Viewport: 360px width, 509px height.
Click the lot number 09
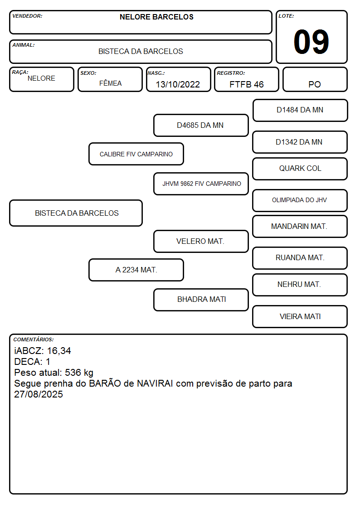click(311, 42)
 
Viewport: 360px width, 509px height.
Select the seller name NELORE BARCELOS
click(156, 17)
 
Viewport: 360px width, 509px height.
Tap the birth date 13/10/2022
click(178, 84)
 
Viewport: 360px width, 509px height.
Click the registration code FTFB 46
click(246, 84)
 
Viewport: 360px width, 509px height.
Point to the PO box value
click(315, 84)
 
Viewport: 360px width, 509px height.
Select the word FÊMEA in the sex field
click(110, 83)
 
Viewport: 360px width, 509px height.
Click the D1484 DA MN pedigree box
click(300, 111)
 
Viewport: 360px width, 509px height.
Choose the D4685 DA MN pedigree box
click(201, 125)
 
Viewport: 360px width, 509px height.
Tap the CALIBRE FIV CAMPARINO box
click(136, 154)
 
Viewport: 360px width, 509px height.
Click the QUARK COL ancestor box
click(300, 169)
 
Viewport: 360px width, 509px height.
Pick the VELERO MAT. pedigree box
click(201, 242)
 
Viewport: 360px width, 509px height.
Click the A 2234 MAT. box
click(136, 270)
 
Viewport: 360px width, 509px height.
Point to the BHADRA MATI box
click(201, 300)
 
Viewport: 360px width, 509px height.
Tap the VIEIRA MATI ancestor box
click(300, 316)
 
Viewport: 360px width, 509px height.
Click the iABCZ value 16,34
click(59, 351)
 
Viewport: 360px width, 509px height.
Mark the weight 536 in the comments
click(73, 372)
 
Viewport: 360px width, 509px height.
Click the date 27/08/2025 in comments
click(38, 394)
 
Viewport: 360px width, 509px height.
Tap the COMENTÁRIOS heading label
click(34, 339)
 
